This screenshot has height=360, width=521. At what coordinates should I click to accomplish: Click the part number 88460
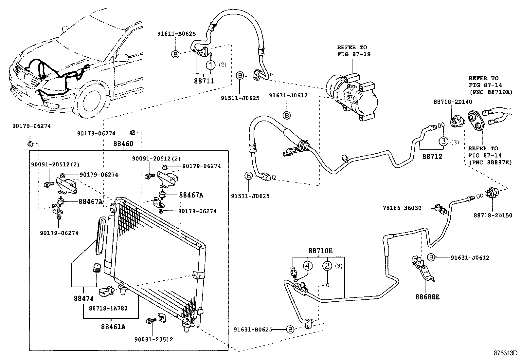click(x=123, y=144)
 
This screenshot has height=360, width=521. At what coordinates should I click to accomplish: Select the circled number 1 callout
click(x=211, y=65)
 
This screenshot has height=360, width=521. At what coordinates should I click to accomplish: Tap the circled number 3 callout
click(x=443, y=142)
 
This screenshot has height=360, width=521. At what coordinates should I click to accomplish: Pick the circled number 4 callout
click(x=307, y=266)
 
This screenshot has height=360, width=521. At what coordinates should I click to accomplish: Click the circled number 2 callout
click(x=328, y=266)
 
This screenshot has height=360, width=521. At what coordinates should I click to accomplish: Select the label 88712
click(x=432, y=157)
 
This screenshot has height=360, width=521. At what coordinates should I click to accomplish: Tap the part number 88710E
click(x=320, y=251)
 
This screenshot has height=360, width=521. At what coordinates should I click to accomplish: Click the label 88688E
click(x=427, y=297)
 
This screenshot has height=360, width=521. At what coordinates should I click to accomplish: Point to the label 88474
click(x=83, y=298)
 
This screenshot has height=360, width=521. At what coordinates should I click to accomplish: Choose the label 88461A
click(x=113, y=327)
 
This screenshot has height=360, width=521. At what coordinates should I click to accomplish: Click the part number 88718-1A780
click(x=108, y=308)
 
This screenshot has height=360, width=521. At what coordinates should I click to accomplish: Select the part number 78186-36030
click(x=402, y=208)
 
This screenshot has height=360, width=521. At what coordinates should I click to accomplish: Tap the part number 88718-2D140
click(x=453, y=102)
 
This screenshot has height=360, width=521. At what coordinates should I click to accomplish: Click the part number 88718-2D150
click(x=493, y=215)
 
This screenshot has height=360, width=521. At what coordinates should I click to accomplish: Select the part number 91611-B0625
click(x=176, y=34)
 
